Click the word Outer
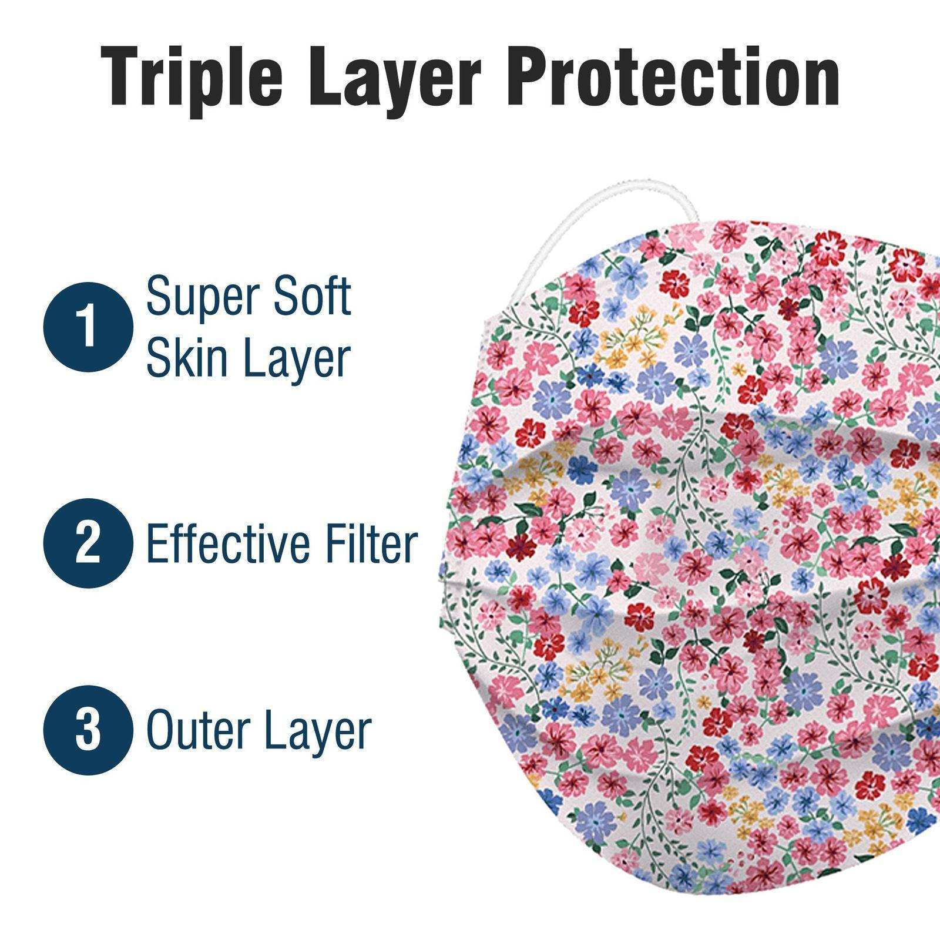tap(196, 731)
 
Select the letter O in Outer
tap(162, 731)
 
